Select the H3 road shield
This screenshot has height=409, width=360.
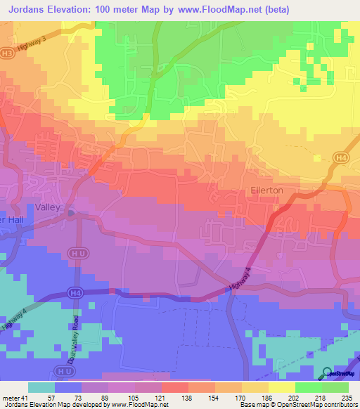(x=6, y=52)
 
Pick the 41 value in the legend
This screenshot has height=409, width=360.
(x=24, y=397)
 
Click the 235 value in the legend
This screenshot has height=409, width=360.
(x=346, y=397)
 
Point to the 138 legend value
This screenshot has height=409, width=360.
(x=186, y=397)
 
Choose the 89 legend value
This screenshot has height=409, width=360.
(x=105, y=397)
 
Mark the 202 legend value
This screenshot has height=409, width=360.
(x=292, y=397)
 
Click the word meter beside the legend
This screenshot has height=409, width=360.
(x=10, y=397)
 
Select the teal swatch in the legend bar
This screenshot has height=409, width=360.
(x=41, y=387)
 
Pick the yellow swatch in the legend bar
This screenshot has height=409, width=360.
(x=282, y=387)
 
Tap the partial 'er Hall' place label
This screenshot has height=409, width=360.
(x=13, y=219)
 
